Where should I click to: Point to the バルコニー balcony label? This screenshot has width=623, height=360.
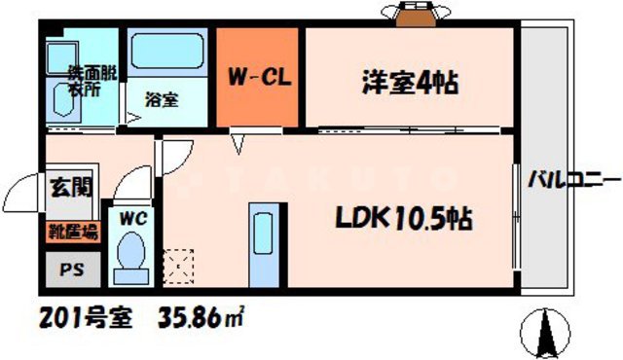(x=574, y=181)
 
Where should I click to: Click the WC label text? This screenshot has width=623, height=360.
(x=130, y=219)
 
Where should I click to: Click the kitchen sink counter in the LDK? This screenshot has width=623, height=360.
(x=264, y=245)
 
